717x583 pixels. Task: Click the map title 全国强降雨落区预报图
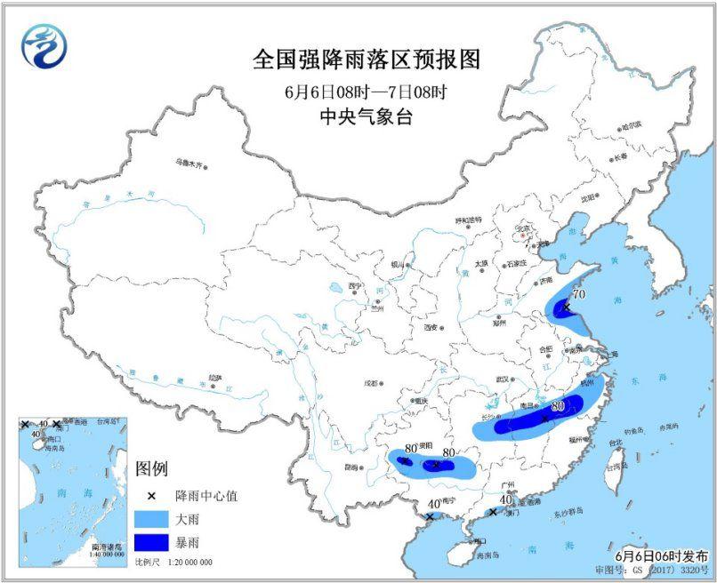pyautogui.click(x=367, y=60)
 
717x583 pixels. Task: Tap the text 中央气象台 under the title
pyautogui.click(x=367, y=116)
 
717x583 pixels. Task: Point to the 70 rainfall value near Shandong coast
pyautogui.click(x=578, y=294)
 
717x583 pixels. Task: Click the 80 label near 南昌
pyautogui.click(x=559, y=407)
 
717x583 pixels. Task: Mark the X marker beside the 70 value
pyautogui.click(x=566, y=307)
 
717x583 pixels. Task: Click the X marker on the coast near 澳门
pyautogui.click(x=493, y=512)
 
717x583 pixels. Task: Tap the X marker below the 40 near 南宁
pyautogui.click(x=430, y=516)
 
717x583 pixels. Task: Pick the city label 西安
pyautogui.click(x=432, y=328)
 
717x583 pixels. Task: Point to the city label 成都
pyautogui.click(x=370, y=383)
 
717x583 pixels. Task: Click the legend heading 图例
pyautogui.click(x=151, y=469)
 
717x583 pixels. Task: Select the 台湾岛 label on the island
pyautogui.click(x=615, y=465)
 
